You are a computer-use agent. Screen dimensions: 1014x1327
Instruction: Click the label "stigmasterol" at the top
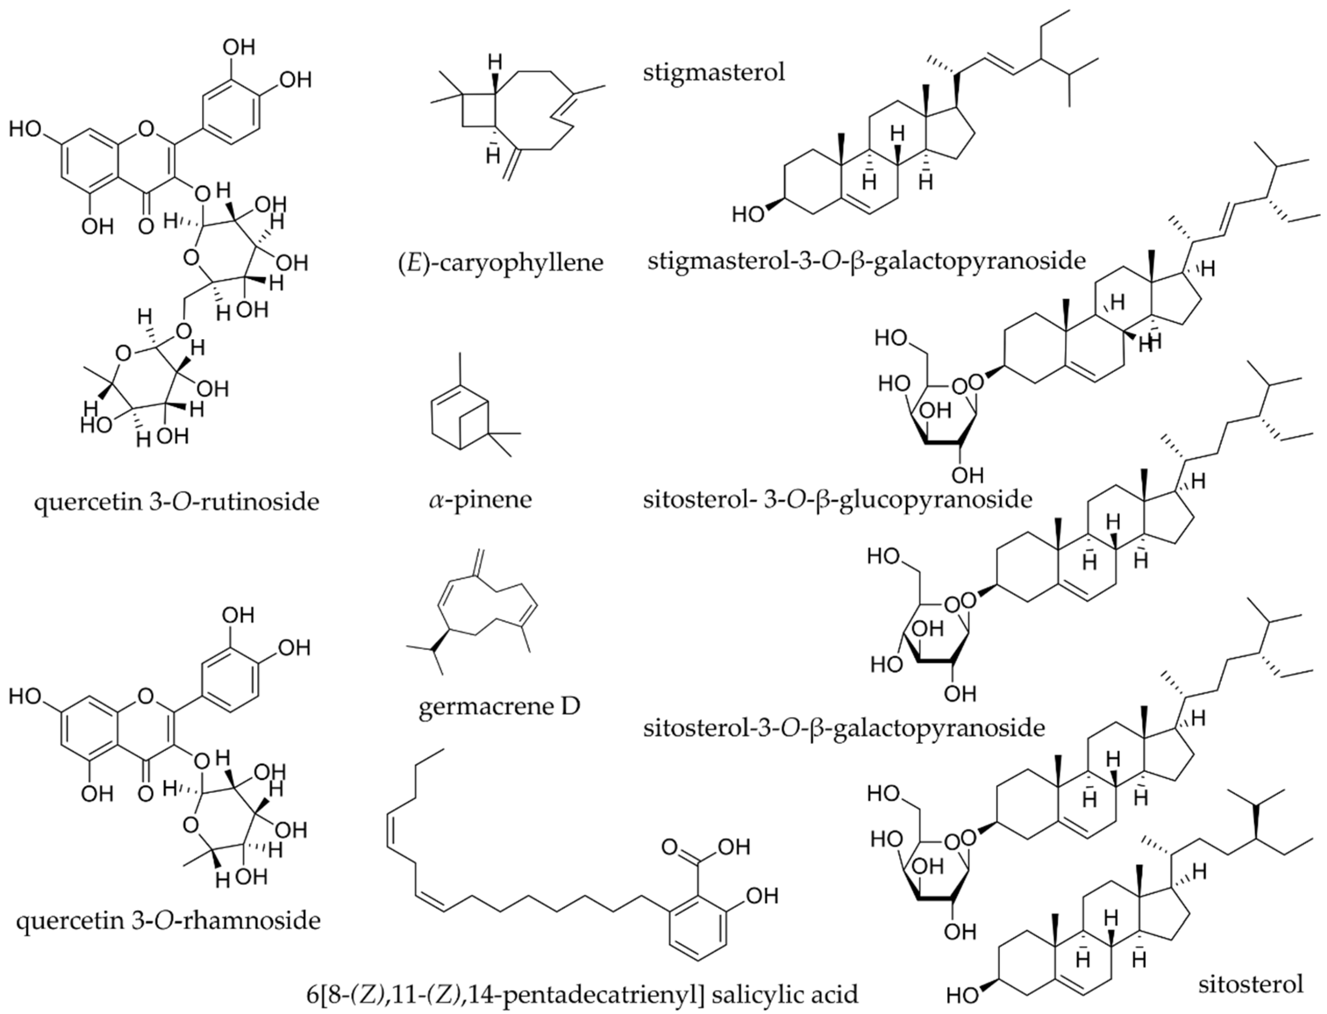[714, 73]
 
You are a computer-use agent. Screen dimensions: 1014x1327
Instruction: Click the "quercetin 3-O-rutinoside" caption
[176, 501]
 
